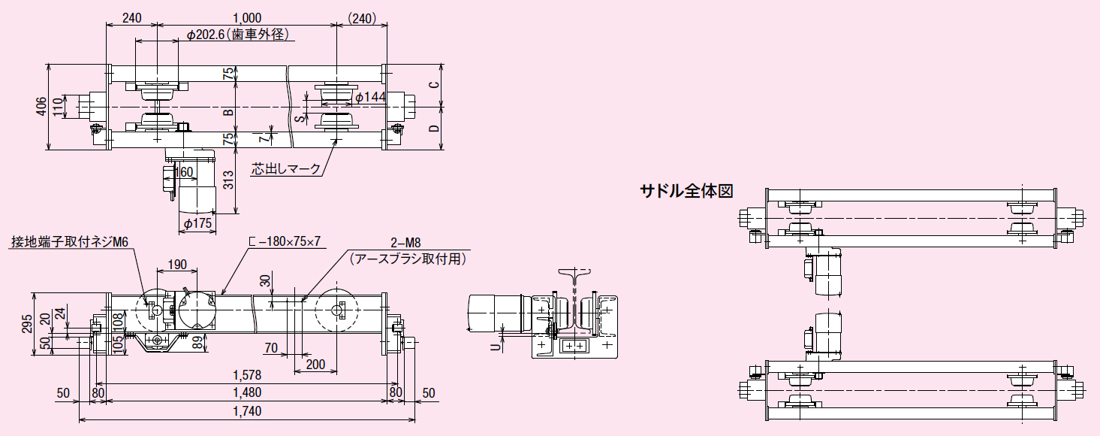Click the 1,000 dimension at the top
coord(247,17)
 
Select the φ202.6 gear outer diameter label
coord(237,35)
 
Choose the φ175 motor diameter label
coord(198,223)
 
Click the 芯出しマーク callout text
coord(286,169)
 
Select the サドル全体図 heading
coord(686,191)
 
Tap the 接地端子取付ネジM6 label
coord(70,241)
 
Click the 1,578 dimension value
coord(247,374)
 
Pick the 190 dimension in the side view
coord(177,265)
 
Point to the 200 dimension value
coord(316,365)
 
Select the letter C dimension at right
coord(434,84)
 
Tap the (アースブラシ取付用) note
coord(408,259)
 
